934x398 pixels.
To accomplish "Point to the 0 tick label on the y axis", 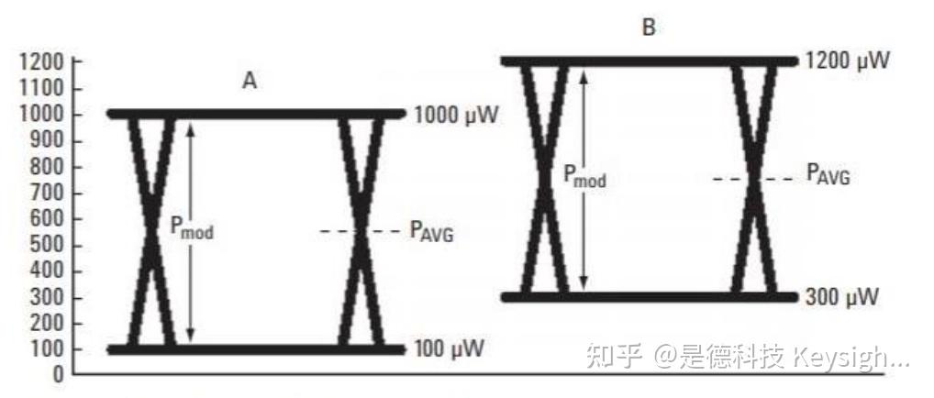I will [57, 375].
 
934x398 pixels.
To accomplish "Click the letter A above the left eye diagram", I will [249, 82].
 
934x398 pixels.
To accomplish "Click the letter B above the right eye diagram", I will [649, 28].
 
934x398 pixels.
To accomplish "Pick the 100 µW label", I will [449, 349].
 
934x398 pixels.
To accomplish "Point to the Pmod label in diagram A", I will [192, 228].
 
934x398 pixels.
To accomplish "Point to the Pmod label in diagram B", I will [584, 176].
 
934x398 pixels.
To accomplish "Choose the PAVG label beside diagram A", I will [431, 232].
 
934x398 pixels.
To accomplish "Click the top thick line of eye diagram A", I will [256, 114].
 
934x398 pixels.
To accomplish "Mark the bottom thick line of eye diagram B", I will [650, 296].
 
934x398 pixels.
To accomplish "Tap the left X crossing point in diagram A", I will [152, 231].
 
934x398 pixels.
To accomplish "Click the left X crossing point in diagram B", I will [545, 180].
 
